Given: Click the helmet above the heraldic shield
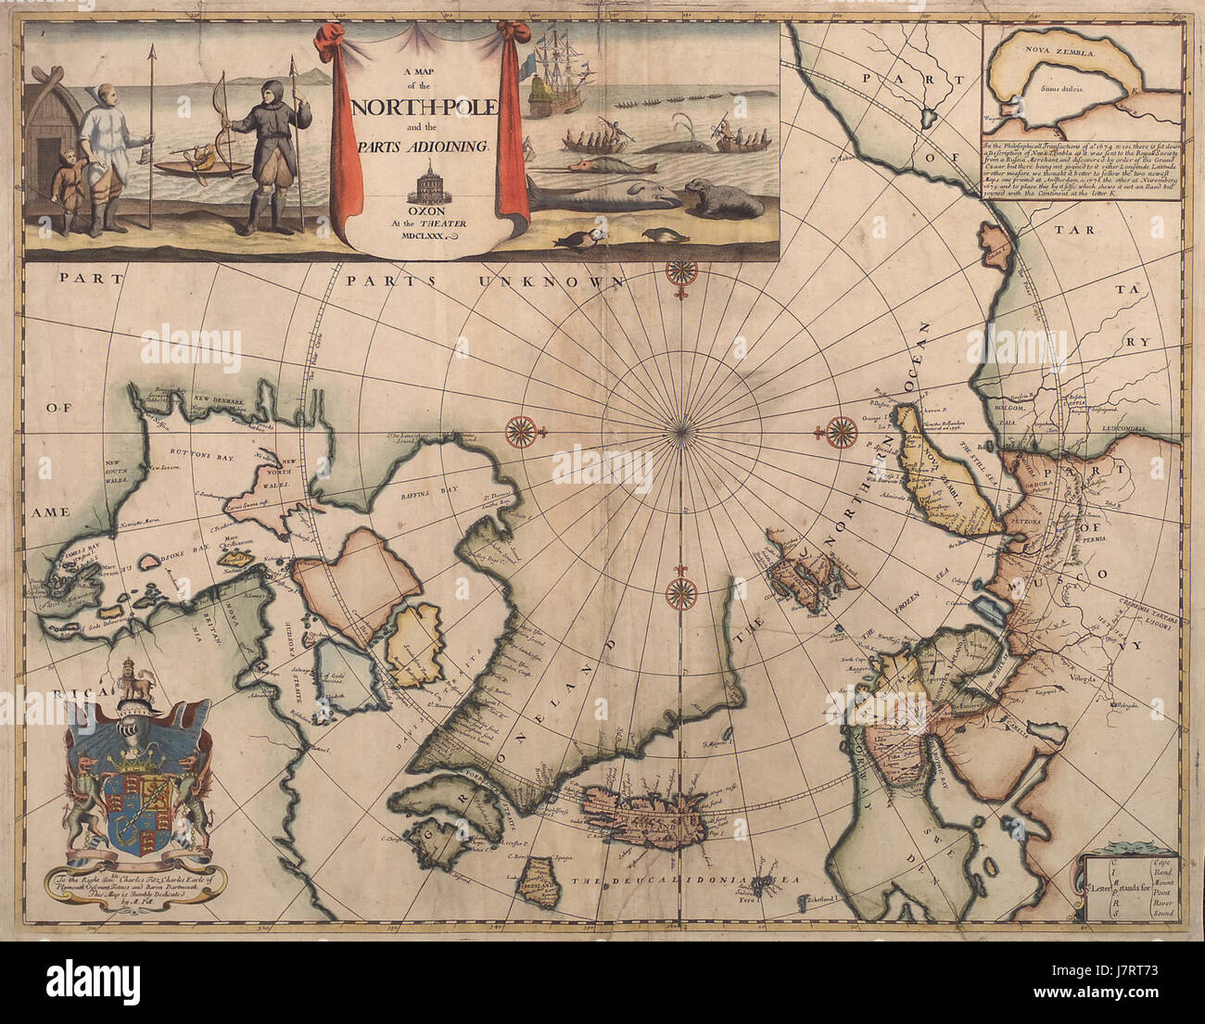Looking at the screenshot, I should (136, 737).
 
